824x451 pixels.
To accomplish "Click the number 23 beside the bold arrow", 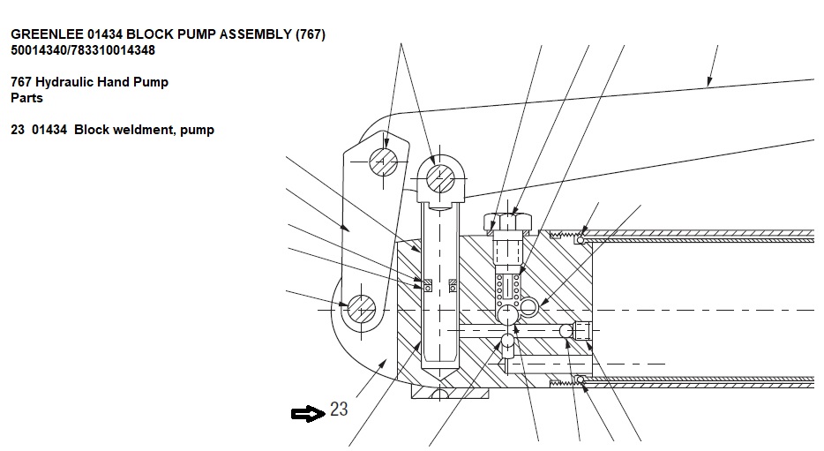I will tap(340, 410).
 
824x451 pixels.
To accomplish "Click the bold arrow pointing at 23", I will tap(307, 413).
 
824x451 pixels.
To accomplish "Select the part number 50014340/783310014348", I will tap(83, 50).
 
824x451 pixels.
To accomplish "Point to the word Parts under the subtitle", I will tap(26, 98).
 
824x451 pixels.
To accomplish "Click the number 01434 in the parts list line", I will tap(49, 130).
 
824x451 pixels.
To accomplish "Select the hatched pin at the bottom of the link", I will tap(361, 310).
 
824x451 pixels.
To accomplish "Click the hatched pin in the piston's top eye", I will tap(439, 179).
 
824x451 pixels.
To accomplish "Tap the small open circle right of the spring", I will tap(528, 306).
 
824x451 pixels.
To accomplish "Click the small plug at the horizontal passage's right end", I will tap(581, 331).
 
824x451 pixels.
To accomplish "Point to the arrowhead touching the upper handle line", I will tap(708, 83).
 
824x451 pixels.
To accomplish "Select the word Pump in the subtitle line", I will tap(151, 82).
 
